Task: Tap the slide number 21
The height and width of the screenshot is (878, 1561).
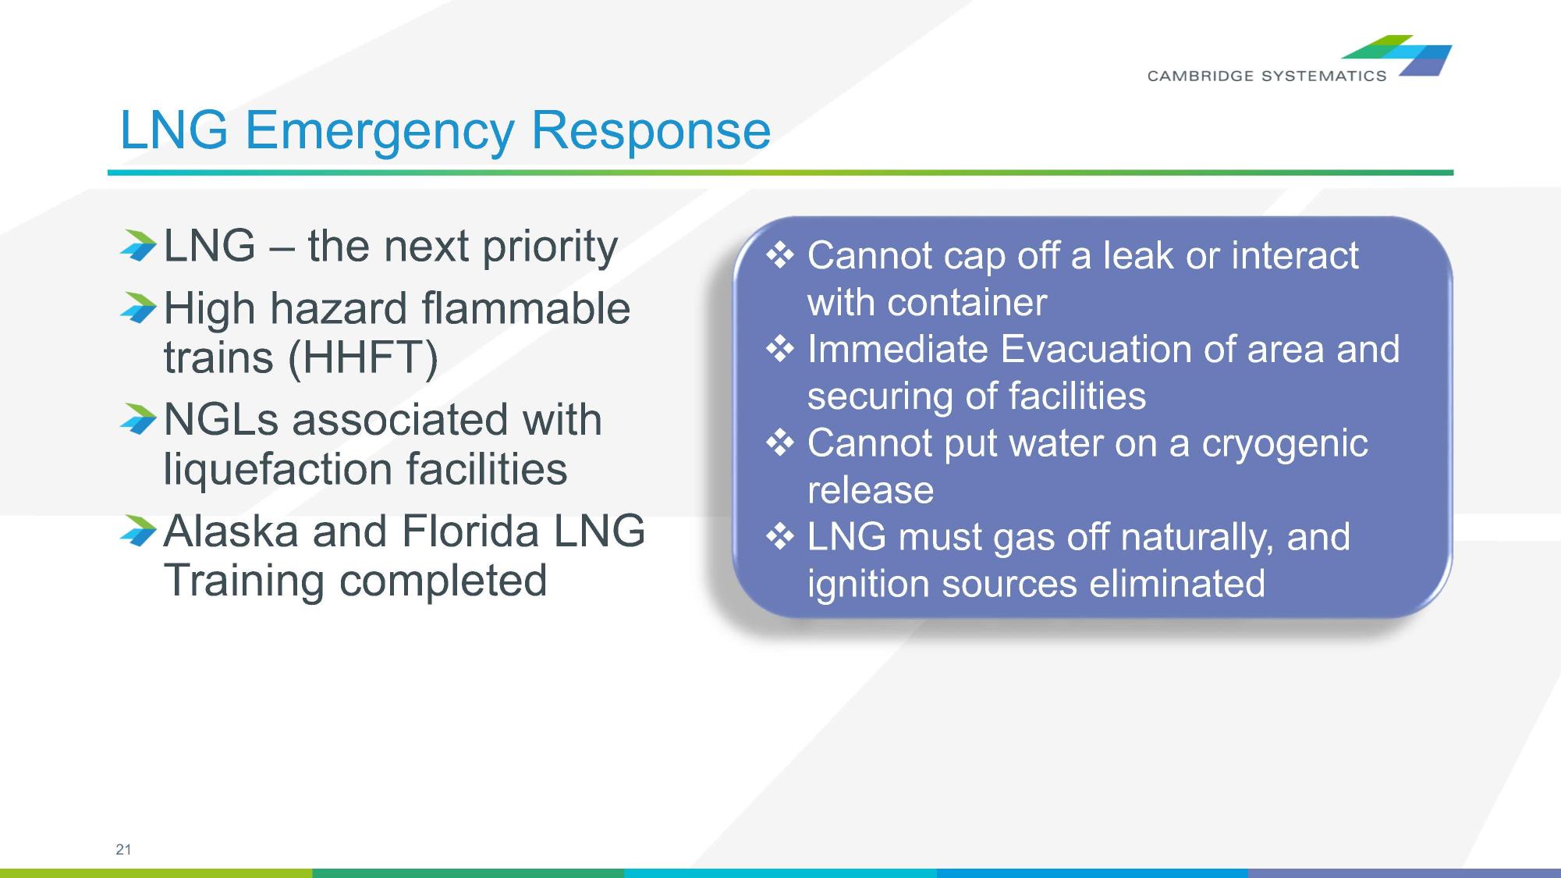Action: point(123,849)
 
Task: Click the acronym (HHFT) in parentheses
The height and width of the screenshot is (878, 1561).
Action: point(363,357)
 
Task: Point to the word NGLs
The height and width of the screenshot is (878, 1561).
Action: point(221,420)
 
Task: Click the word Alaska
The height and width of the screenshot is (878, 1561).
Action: point(231,531)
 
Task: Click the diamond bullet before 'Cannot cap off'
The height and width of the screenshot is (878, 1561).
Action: point(780,255)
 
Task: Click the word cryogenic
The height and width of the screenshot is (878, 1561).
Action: point(1284,443)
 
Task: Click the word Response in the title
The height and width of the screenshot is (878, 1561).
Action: point(651,130)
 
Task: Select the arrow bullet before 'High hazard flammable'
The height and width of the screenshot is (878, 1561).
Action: point(139,308)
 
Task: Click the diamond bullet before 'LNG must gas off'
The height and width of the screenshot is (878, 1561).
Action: point(780,537)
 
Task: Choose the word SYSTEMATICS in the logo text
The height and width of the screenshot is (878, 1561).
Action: point(1324,76)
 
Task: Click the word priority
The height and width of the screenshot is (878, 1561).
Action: point(550,247)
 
